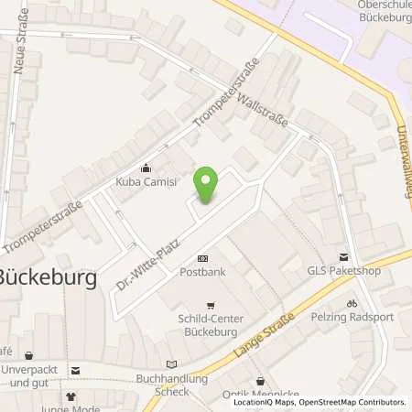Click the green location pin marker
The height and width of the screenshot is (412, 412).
pos(207,186)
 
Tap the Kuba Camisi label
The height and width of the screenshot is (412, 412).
pos(146,181)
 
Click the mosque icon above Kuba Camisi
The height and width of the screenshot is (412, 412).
pos(146,168)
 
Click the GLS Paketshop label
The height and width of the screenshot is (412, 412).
pos(344,271)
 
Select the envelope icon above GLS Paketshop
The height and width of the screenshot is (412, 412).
pos(344,258)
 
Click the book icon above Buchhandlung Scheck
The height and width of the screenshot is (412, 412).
pos(168,363)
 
